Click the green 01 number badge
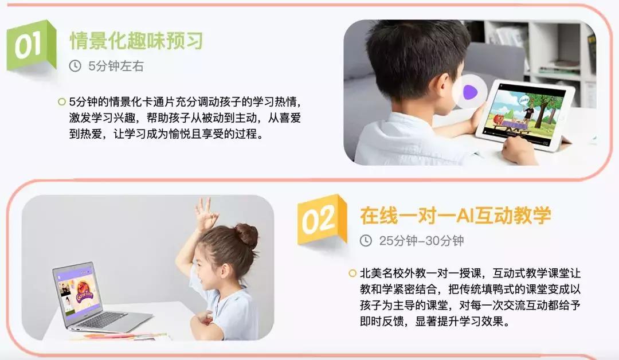pyautogui.click(x=30, y=46)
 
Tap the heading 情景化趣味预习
pyautogui.click(x=136, y=41)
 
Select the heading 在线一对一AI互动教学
pyautogui.click(x=456, y=215)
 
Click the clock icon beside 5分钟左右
pyautogui.click(x=75, y=66)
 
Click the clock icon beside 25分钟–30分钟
pyautogui.click(x=366, y=241)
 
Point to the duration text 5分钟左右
pyautogui.click(x=116, y=66)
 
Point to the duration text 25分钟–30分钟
pyautogui.click(x=421, y=241)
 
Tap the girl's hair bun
pyautogui.click(x=247, y=235)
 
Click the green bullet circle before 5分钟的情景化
pyautogui.click(x=61, y=102)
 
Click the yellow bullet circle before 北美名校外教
pyautogui.click(x=352, y=273)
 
